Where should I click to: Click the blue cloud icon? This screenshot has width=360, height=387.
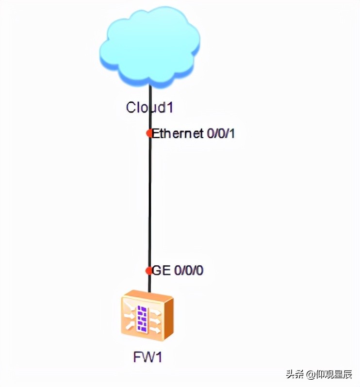150,48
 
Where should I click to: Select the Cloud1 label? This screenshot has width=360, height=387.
149,107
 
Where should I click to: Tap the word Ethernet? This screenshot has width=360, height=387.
178,133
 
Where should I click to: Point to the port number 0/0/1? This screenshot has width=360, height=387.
221,133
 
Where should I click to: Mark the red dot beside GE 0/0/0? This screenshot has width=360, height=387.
149,271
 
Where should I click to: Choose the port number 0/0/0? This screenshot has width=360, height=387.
188,271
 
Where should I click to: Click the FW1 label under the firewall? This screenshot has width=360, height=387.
147,358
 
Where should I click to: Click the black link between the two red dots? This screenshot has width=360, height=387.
149,201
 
